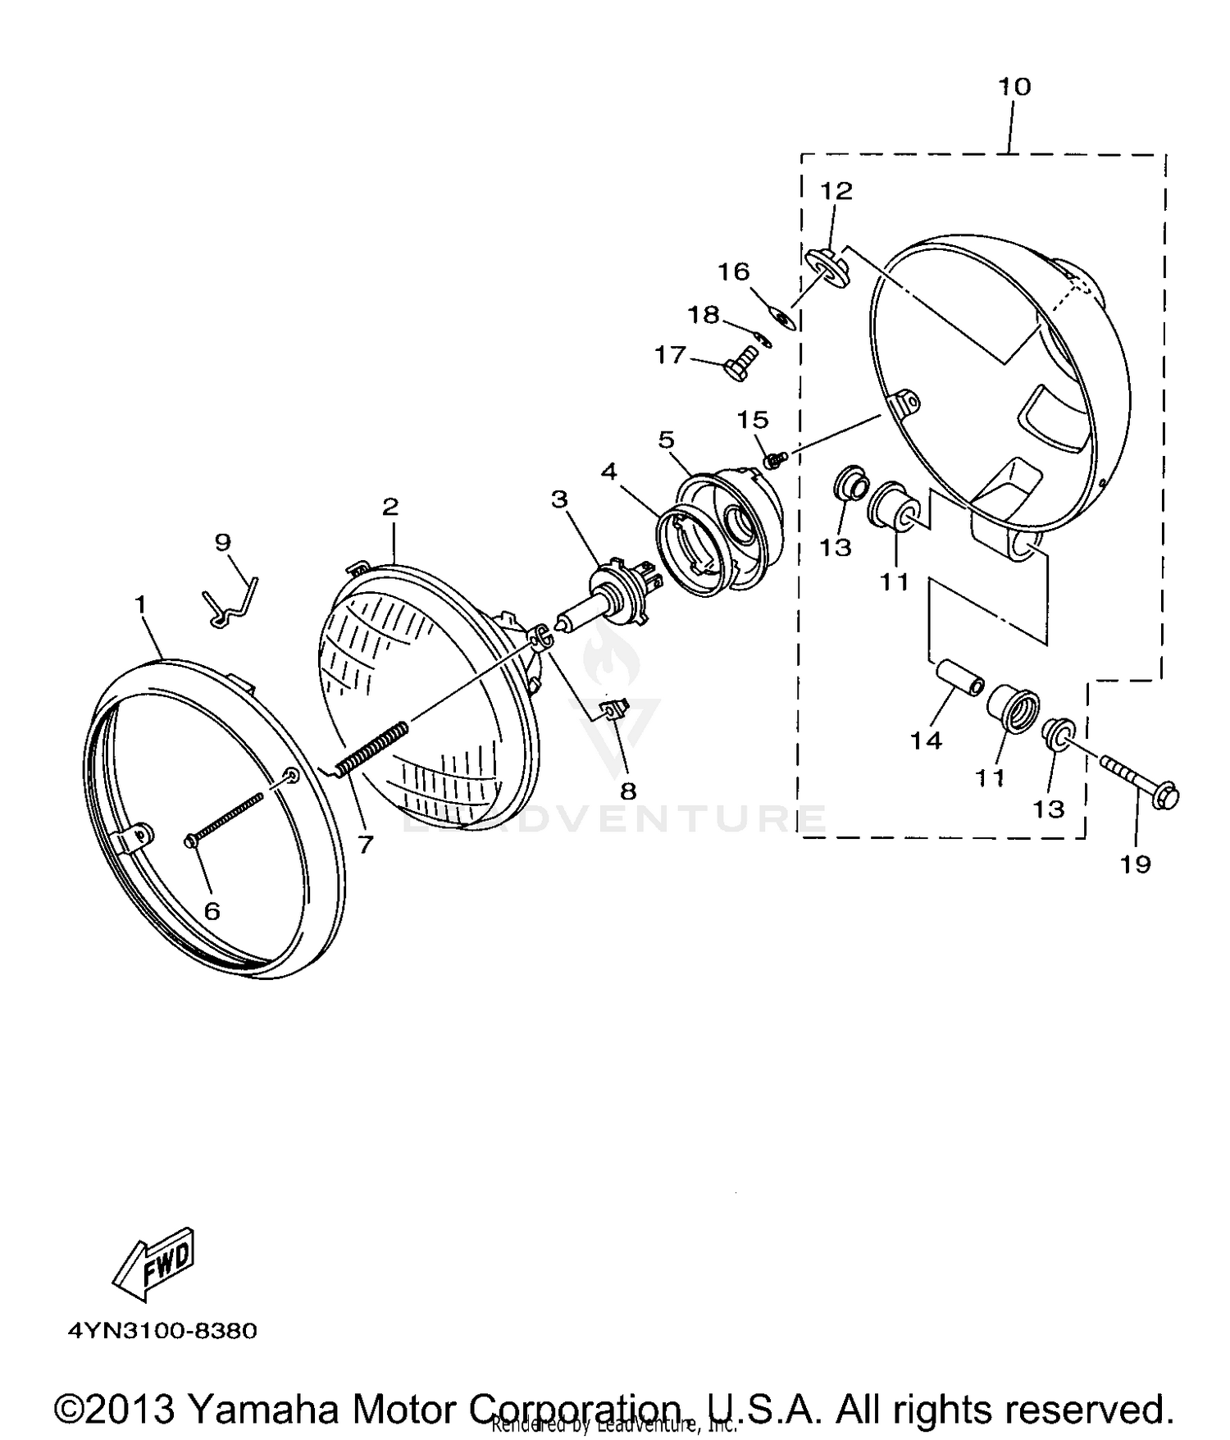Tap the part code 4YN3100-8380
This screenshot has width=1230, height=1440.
pos(162,1330)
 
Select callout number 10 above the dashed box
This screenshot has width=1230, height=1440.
pos(1014,86)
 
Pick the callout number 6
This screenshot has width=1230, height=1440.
pos(212,911)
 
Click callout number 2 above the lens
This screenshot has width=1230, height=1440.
pos(390,506)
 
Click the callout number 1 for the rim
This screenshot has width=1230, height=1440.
pos(140,604)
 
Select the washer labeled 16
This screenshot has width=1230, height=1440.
pos(781,316)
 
